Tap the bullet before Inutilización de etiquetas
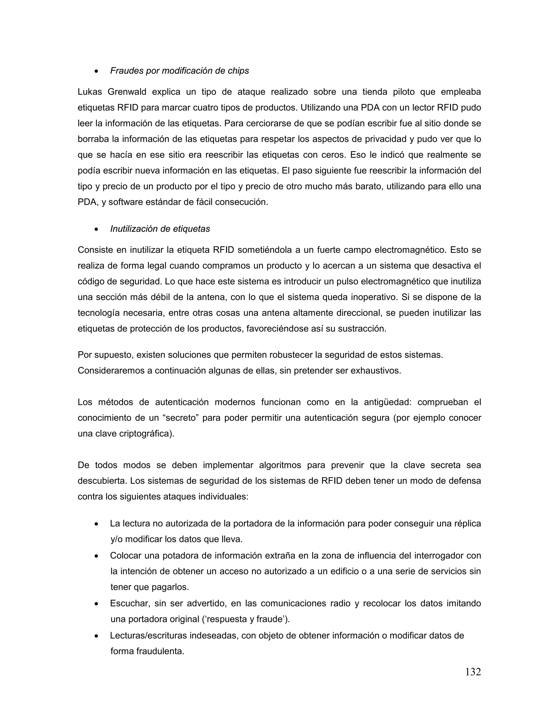tap(96, 229)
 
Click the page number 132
tap(473, 672)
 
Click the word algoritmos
tap(280, 465)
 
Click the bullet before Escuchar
tap(96, 604)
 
